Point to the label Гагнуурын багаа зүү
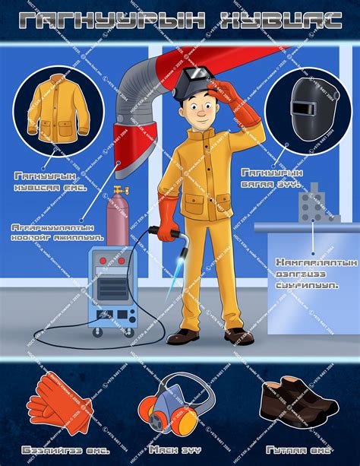[272, 178]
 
